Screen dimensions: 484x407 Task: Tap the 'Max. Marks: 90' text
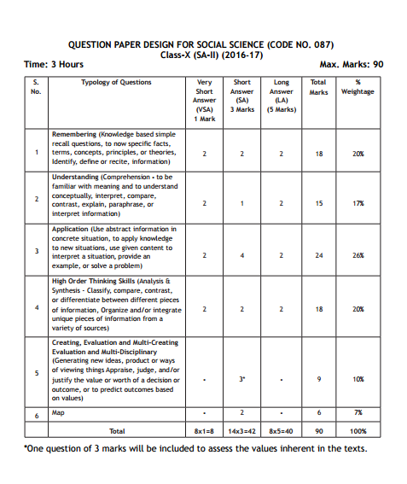coord(351,64)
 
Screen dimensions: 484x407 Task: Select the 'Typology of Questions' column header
coord(116,83)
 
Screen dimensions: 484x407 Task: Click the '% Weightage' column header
coord(358,87)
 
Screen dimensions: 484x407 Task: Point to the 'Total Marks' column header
coord(318,87)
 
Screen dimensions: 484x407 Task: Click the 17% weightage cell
coord(358,204)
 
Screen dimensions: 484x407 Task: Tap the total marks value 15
coord(318,204)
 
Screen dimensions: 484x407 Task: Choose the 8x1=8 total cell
coord(205,431)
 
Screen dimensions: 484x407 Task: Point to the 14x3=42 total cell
coord(242,431)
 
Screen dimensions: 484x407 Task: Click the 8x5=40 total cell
coord(281,431)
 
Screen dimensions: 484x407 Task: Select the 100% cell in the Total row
coord(358,431)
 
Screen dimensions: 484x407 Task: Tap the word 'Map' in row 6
coord(59,412)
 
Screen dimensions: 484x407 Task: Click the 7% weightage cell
coord(358,413)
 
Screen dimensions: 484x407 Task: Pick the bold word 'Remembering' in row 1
coord(74,135)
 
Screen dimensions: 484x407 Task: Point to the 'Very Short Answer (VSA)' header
coord(205,100)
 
